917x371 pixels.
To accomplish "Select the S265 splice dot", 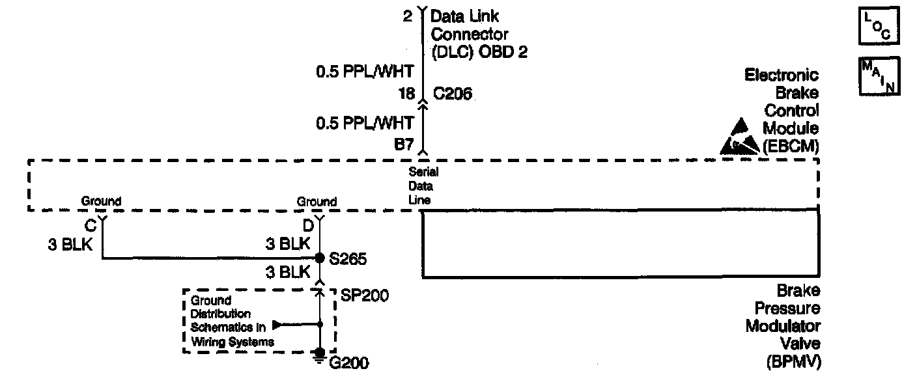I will [x=320, y=258].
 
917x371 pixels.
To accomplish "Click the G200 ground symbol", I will [x=320, y=355].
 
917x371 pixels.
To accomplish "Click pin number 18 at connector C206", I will [x=406, y=94].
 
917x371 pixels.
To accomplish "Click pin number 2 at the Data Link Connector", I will [x=408, y=16].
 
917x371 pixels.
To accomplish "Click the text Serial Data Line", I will [x=423, y=186].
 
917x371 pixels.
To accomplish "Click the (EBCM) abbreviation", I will [x=790, y=146].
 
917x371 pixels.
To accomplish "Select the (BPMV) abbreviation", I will [x=793, y=362].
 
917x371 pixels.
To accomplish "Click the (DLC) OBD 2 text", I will [x=479, y=52].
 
